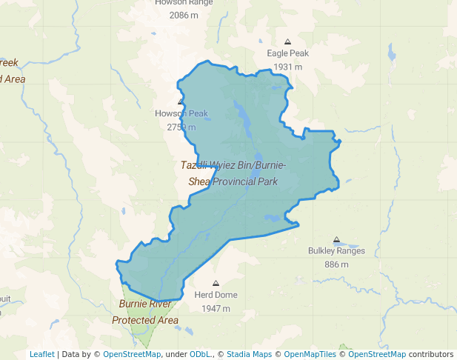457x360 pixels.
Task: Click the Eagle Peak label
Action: point(288,53)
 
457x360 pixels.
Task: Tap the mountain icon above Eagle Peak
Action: point(288,41)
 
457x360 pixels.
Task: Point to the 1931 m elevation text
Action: point(288,67)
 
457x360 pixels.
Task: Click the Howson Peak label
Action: point(181,113)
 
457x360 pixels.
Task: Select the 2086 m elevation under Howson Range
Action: point(184,15)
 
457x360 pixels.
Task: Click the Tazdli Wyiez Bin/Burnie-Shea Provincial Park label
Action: point(233,173)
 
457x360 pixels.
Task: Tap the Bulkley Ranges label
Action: point(336,251)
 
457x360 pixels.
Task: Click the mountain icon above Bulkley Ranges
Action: point(336,240)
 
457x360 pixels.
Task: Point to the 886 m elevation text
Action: point(336,264)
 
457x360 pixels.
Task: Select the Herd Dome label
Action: point(216,295)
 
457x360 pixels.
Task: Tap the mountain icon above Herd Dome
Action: point(216,284)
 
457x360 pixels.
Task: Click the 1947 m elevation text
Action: point(216,308)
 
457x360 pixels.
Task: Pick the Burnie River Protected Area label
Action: point(145,312)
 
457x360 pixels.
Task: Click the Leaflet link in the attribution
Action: point(41,354)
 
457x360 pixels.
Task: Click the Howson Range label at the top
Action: point(184,2)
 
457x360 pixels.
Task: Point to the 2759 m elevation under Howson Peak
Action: point(181,127)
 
